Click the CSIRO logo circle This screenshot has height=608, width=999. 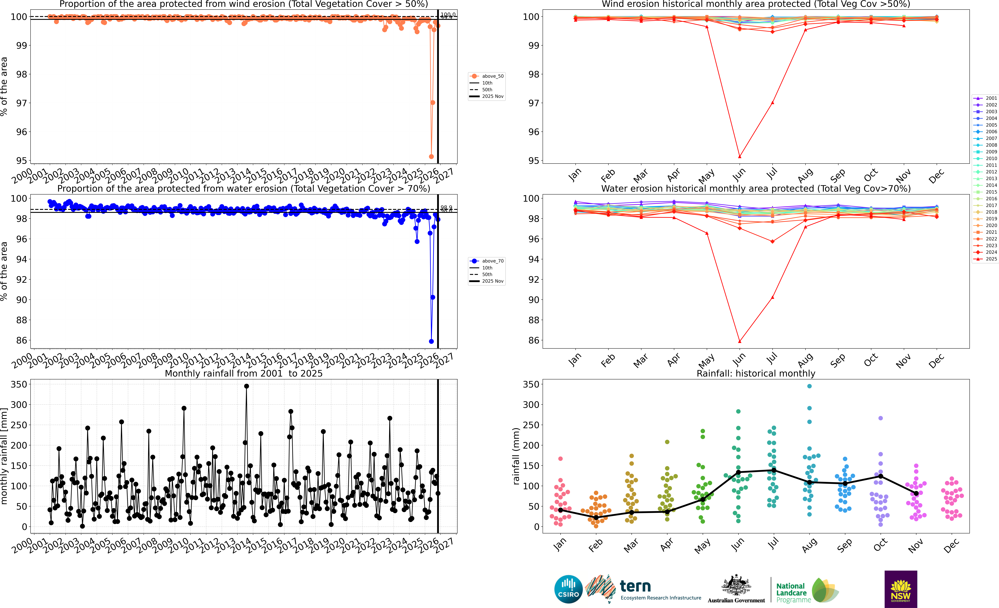click(568, 589)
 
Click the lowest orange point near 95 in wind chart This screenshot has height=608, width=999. click(431, 156)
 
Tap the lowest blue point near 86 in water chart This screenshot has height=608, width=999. click(431, 341)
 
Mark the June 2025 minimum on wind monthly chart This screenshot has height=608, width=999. click(739, 156)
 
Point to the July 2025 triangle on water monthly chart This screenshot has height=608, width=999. click(772, 297)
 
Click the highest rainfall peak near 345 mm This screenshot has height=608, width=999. click(247, 386)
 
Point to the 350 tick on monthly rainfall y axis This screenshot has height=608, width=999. click(19, 384)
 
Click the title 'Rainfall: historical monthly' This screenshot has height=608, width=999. click(756, 373)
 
